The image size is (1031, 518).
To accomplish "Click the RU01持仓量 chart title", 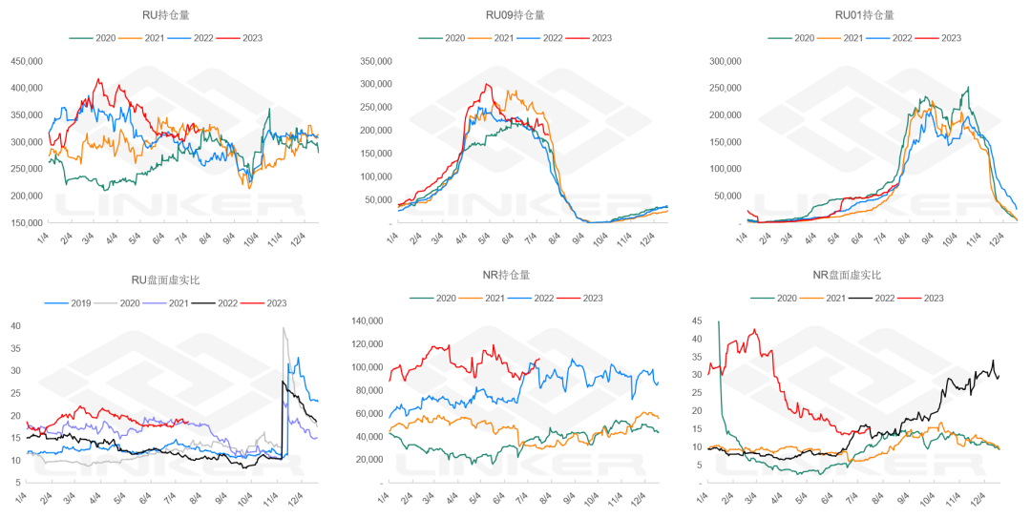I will tap(865, 15).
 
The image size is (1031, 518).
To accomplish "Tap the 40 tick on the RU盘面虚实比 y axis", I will tap(15, 325).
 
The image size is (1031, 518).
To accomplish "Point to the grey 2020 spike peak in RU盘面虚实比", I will tap(284, 329).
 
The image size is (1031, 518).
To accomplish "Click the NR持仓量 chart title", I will tap(513, 276).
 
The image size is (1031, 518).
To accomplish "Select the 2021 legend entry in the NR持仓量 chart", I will tap(501, 298).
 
